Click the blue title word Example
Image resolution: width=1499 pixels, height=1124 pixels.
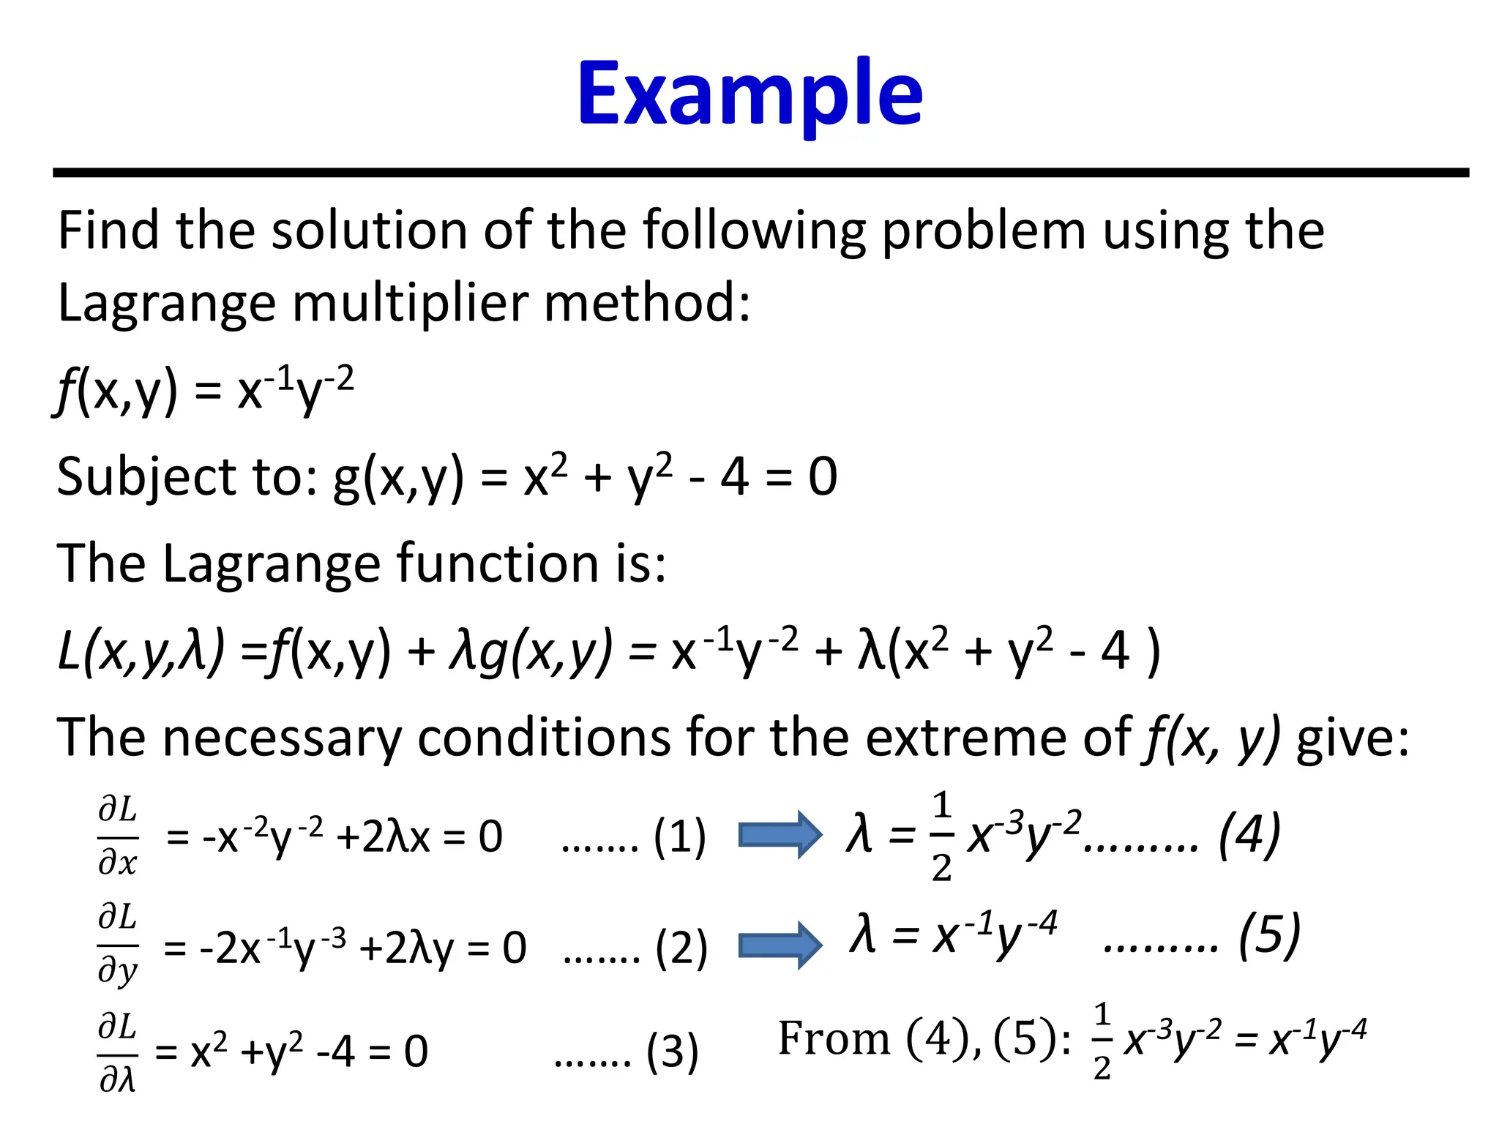point(749,95)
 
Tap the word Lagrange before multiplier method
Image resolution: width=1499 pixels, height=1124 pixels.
point(166,302)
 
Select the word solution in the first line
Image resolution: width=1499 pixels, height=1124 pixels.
point(369,231)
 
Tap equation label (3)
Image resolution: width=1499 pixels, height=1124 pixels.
point(672,1052)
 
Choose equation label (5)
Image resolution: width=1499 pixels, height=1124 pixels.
point(1269,935)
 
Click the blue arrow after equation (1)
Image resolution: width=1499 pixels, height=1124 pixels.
point(780,835)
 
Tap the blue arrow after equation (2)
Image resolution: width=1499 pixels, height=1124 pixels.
point(780,945)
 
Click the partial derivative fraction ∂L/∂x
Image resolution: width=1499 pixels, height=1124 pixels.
point(118,836)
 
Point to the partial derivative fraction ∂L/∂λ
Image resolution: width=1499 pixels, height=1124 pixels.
point(118,1052)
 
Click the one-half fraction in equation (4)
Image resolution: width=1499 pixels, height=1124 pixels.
point(942,836)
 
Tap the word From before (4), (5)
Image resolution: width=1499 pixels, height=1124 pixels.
point(833,1039)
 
